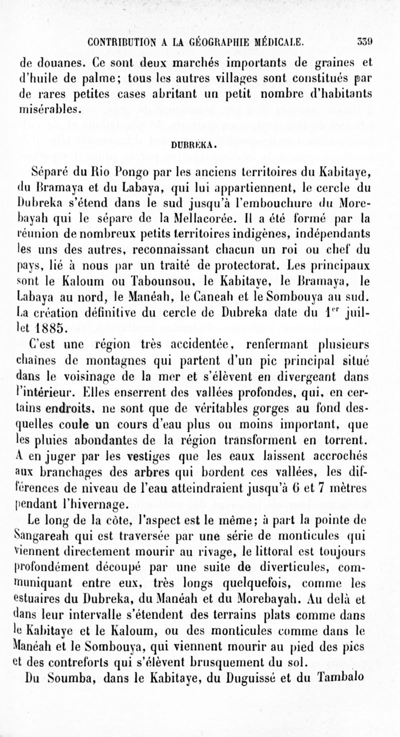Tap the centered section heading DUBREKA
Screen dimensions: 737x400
[199, 146]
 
